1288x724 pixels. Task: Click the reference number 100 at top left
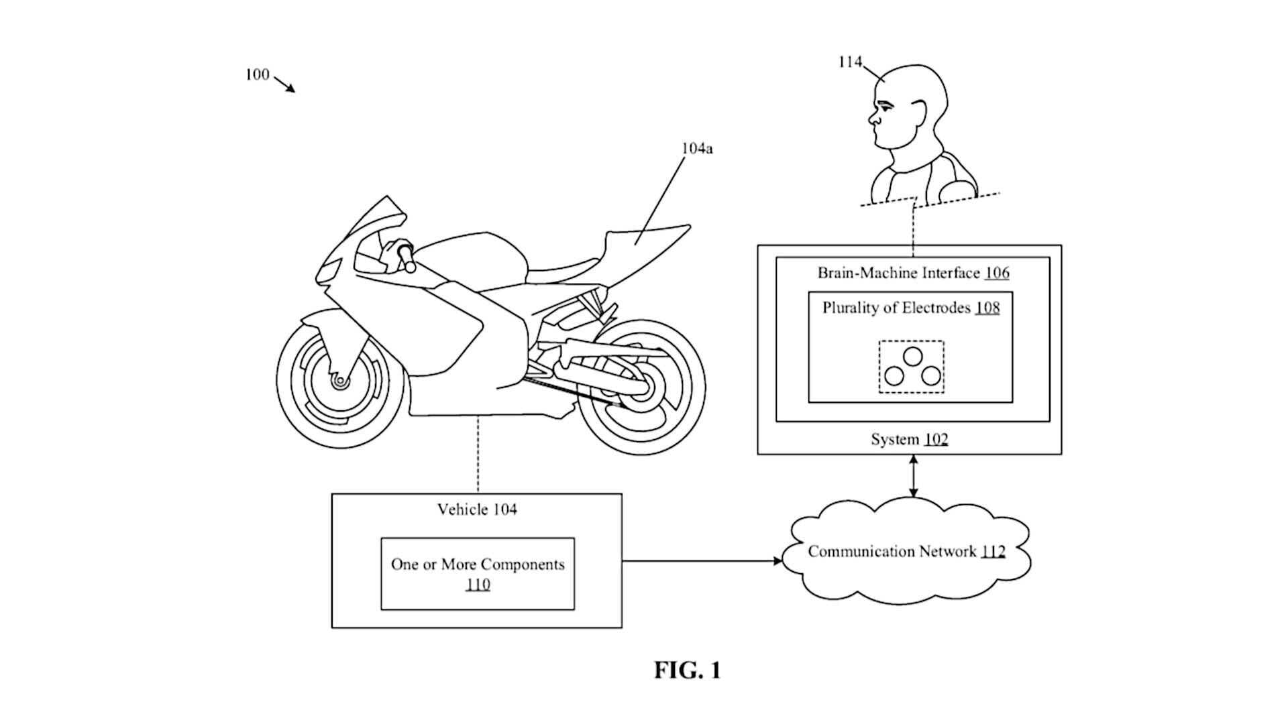[257, 74]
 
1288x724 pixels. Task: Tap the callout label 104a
[697, 148]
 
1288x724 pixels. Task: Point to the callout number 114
[850, 62]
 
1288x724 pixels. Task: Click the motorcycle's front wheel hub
[340, 381]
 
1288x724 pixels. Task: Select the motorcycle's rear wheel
[641, 388]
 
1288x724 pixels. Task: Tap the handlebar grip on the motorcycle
[406, 257]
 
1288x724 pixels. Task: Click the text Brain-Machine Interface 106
[913, 273]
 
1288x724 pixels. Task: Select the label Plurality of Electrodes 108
[911, 308]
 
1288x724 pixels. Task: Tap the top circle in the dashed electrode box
[912, 357]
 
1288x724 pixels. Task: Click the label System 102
[909, 439]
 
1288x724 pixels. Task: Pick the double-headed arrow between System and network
[912, 476]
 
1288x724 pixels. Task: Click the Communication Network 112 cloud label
[906, 552]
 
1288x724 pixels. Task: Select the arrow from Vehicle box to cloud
[702, 560]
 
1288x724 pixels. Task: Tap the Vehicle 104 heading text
[477, 509]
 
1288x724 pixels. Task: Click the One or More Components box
[478, 574]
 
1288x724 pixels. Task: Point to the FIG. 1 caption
[688, 670]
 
